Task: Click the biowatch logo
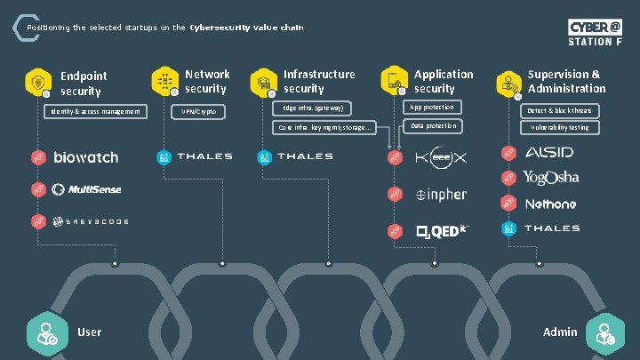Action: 85,157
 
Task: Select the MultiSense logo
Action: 86,188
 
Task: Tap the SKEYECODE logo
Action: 91,220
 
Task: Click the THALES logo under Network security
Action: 204,157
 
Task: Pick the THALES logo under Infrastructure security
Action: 305,157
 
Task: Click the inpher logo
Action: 441,195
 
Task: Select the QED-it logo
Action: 441,231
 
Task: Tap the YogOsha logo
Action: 550,178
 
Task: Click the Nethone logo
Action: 549,204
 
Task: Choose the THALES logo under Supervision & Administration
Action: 551,228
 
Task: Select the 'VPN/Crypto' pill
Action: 198,112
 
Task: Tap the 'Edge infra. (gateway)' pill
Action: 310,108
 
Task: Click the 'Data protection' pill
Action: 434,126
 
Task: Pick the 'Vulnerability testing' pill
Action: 560,127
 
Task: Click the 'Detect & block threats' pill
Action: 560,110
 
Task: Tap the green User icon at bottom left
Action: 43,332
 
